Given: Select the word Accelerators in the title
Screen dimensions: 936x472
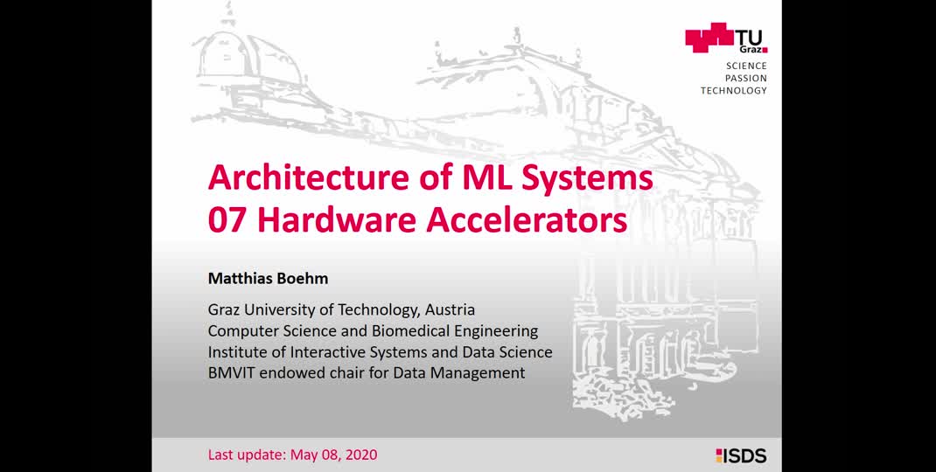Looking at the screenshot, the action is pyautogui.click(x=526, y=220).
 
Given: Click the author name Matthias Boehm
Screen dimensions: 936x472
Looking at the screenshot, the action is pyautogui.click(x=268, y=278).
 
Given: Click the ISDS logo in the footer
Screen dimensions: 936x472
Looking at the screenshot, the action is pyautogui.click(x=741, y=456).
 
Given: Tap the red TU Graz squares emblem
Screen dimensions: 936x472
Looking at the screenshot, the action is pyautogui.click(x=709, y=37).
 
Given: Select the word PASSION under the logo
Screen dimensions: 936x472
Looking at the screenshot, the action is pyautogui.click(x=746, y=78).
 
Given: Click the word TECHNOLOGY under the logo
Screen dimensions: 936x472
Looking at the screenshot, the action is pyautogui.click(x=734, y=91).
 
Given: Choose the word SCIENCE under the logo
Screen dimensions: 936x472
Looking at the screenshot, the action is pyautogui.click(x=746, y=66).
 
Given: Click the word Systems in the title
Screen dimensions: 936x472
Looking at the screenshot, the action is pyautogui.click(x=587, y=177).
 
